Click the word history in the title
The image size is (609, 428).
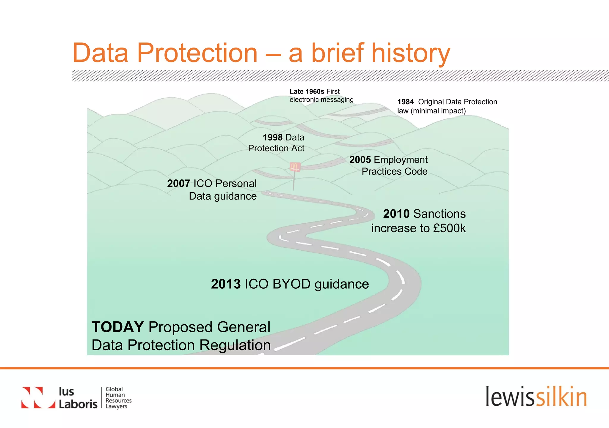pos(411,53)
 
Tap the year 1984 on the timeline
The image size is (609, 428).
pos(405,102)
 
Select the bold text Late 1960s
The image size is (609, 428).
pos(307,91)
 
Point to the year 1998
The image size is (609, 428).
pos(272,138)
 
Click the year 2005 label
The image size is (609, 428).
pos(360,160)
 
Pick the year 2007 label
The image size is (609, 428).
pos(178,184)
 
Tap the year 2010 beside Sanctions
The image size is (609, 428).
pos(396,214)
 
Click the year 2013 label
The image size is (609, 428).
pos(226,284)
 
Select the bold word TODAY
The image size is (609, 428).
pos(118,327)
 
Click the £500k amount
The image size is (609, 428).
pos(449,228)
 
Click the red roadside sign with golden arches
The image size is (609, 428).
pos(295,167)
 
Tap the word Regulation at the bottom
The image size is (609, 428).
pos(235,345)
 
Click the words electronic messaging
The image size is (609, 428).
pos(321,100)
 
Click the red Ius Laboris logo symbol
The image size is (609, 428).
pos(38,397)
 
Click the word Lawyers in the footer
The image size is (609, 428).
pos(116,406)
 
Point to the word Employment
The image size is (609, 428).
pos(400,160)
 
